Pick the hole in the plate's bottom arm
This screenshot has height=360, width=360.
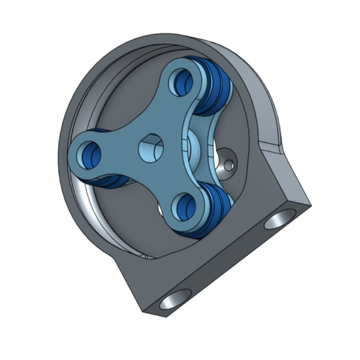(185, 205)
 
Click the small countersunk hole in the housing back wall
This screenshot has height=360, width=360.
(230, 165)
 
